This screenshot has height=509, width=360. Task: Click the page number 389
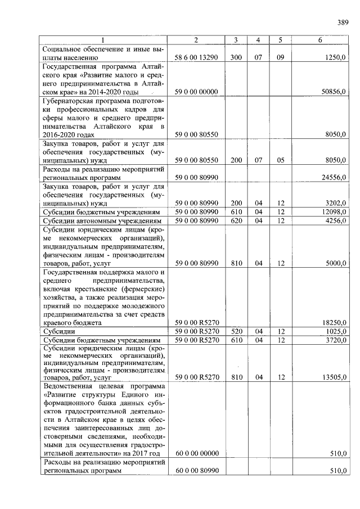pos(343,22)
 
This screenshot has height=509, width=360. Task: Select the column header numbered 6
pos(320,40)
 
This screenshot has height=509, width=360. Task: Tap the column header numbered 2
pos(196,40)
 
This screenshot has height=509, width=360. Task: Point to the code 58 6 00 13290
pos(196,57)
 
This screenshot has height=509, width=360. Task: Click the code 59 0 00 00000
pos(196,91)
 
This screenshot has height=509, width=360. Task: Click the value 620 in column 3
pos(236,220)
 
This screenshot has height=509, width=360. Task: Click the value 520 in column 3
pos(236,332)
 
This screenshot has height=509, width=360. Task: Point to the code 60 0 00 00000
pos(196,453)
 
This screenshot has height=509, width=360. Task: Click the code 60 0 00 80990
pos(196,470)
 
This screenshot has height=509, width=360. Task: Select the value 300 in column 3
pos(236,57)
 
